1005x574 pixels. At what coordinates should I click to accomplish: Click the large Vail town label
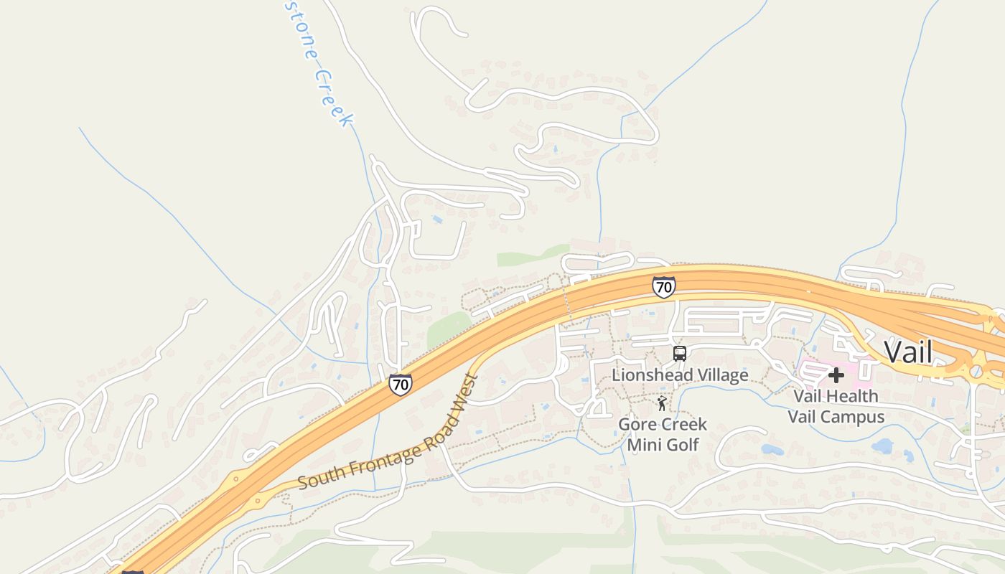pos(908,352)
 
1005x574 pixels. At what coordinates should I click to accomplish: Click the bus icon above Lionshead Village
pos(679,354)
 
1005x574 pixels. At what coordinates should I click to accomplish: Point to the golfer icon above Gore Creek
pos(662,404)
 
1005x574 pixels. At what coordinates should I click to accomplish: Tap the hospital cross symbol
pos(836,375)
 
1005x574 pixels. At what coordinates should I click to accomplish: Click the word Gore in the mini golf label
pos(635,425)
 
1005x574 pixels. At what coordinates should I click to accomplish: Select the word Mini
pos(642,445)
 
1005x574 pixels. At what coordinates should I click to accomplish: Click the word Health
pos(851,396)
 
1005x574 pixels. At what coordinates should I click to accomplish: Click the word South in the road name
pos(317,476)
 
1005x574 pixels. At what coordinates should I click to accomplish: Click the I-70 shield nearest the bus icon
pos(663,287)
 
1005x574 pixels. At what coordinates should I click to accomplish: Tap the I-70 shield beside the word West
pos(401,385)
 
